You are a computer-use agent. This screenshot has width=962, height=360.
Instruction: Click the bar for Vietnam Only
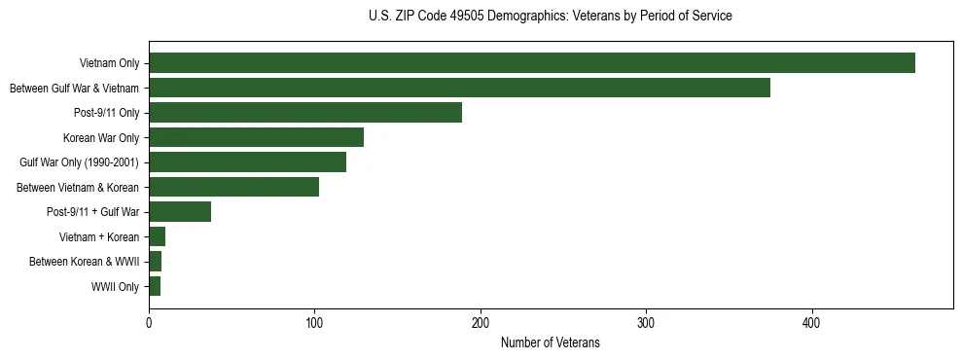(x=532, y=63)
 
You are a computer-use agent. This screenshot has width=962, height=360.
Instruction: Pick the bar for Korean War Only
(x=256, y=137)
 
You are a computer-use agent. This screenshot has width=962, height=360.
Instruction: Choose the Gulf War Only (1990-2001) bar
(x=247, y=162)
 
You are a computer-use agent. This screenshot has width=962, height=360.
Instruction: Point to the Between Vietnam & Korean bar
(x=233, y=187)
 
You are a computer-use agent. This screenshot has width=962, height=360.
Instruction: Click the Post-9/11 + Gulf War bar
(x=180, y=212)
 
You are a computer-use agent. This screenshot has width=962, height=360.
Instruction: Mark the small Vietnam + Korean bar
(x=157, y=236)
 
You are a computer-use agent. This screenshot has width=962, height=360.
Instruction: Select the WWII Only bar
(x=155, y=286)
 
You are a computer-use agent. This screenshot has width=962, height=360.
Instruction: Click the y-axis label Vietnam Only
(x=109, y=64)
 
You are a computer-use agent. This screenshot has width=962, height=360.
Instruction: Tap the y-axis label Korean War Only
(x=101, y=138)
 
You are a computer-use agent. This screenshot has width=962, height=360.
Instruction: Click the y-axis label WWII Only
(x=115, y=287)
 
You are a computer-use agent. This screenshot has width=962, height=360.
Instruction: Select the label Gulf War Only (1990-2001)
(x=80, y=162)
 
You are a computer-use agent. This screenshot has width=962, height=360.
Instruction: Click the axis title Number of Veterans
(x=550, y=342)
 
